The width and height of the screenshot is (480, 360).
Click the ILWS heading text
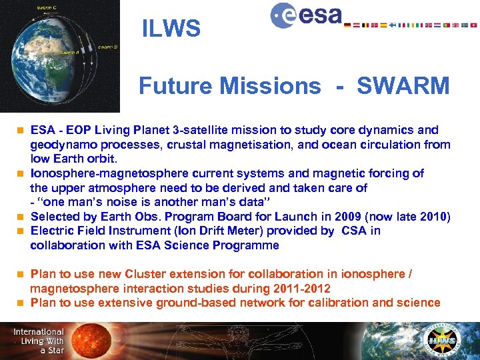point(171,28)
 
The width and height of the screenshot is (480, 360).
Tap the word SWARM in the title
point(403,86)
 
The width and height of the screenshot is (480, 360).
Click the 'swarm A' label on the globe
point(69,52)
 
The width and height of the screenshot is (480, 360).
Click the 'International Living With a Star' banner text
point(38,341)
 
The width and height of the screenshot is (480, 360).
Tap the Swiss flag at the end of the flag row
point(473,25)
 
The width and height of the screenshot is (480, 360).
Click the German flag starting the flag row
point(347,25)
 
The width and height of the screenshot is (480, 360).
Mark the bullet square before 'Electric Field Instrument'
point(20,231)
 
